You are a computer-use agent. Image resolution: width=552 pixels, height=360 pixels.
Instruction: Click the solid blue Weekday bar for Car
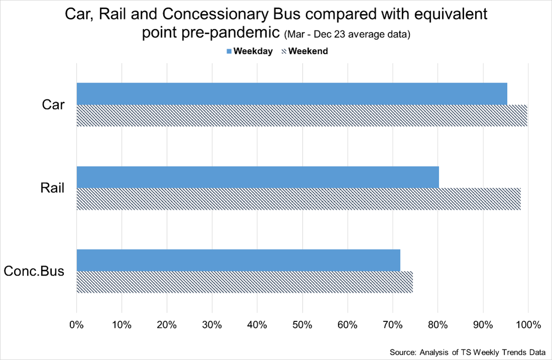(292, 94)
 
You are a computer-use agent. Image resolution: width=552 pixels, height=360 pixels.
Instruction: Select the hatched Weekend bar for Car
(302, 115)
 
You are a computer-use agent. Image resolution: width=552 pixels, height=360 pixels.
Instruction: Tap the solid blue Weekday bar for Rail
(257, 177)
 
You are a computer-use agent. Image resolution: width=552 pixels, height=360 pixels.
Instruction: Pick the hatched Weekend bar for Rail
(299, 199)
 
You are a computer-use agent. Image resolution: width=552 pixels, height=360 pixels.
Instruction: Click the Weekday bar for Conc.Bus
(238, 260)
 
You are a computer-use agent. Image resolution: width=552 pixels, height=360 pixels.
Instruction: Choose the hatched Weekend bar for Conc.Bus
(244, 282)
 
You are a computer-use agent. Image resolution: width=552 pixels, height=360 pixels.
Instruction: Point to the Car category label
(53, 105)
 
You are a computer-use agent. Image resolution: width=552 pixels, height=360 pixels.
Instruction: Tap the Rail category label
(52, 188)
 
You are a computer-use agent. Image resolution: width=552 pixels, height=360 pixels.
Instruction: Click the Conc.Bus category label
(34, 272)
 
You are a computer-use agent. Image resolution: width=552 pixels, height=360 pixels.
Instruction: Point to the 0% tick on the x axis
(76, 325)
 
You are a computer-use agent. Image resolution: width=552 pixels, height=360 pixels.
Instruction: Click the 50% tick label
(302, 325)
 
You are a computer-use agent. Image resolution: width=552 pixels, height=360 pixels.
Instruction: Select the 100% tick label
(528, 325)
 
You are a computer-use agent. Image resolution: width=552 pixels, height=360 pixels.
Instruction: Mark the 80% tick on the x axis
(438, 325)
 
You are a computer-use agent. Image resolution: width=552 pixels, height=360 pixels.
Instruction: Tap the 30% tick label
(212, 325)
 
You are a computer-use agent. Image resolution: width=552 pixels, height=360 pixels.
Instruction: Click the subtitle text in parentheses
(347, 35)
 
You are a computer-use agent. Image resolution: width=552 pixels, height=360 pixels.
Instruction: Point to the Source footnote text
(467, 352)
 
